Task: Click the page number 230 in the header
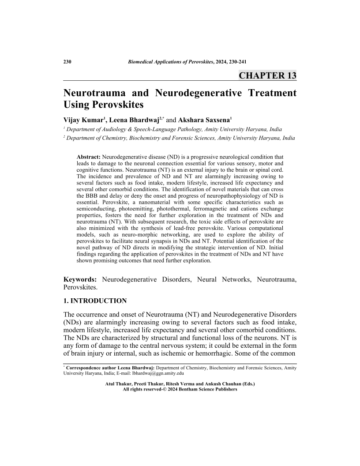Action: tap(67, 62)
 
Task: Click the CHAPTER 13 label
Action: tap(267, 75)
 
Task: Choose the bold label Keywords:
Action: tap(80, 279)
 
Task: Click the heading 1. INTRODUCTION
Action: tap(95, 301)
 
